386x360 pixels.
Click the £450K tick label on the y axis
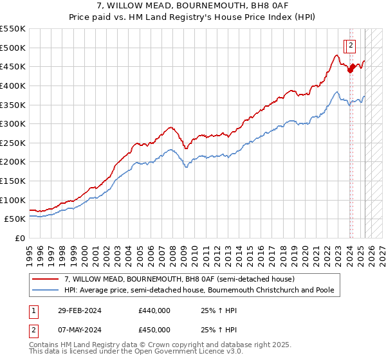(x=13, y=66)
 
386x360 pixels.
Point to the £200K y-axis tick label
(x=13, y=161)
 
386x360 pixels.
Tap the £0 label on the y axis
(x=20, y=238)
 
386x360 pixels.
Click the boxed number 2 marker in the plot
(x=351, y=45)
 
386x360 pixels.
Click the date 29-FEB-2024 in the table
(x=80, y=311)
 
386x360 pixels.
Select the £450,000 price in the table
(x=154, y=330)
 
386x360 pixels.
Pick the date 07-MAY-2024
(x=80, y=330)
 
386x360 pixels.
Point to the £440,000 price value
(x=154, y=311)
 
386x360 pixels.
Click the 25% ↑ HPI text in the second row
(x=219, y=330)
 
